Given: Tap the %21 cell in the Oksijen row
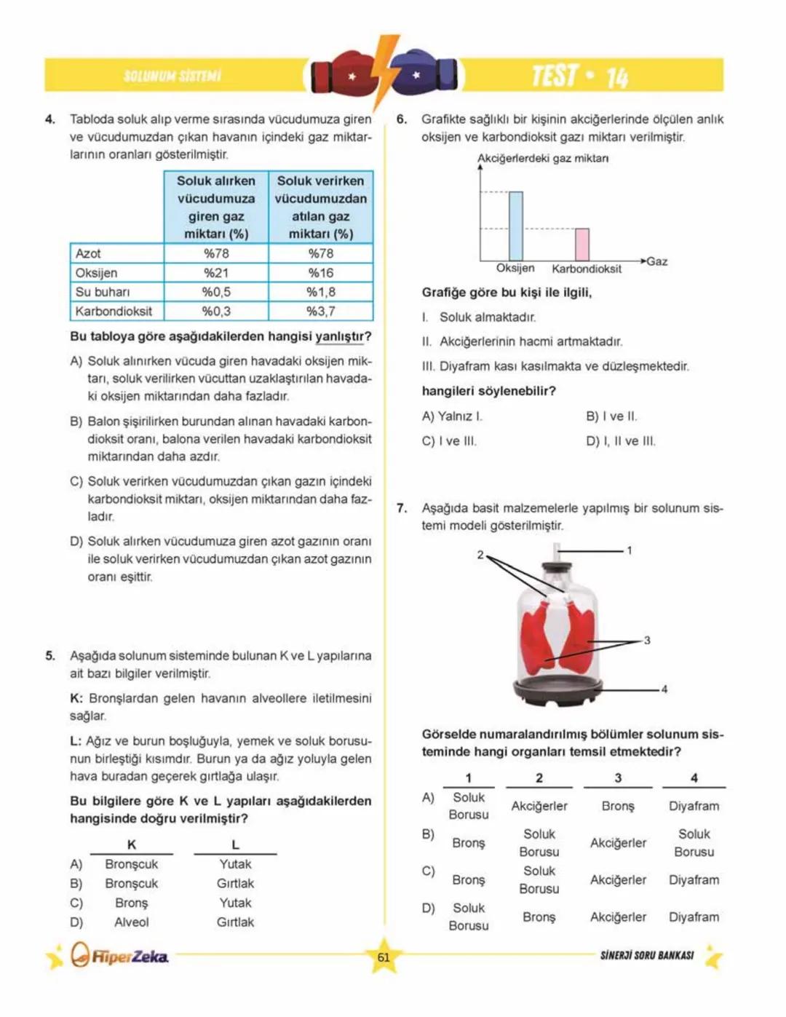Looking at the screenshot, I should (x=216, y=273).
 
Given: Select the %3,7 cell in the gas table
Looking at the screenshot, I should (x=321, y=312).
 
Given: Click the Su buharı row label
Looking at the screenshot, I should (x=103, y=292).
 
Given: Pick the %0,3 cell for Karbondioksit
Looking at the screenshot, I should (x=216, y=312).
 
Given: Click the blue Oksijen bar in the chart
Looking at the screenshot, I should (x=515, y=226).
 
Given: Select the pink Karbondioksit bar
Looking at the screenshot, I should (x=582, y=245).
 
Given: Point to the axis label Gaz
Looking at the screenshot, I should (x=657, y=261).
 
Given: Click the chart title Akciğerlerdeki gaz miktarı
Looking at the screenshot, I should (x=543, y=159).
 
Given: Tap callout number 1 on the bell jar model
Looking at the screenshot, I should (x=630, y=550).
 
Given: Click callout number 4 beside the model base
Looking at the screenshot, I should (x=664, y=689).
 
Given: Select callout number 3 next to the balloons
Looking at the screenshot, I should (x=647, y=641).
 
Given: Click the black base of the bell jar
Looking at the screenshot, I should (x=558, y=692).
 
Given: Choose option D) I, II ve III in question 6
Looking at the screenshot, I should (x=621, y=441).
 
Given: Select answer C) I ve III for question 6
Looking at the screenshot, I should (x=449, y=441).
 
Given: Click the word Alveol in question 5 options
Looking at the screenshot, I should (x=132, y=922).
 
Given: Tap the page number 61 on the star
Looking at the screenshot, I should (x=384, y=957).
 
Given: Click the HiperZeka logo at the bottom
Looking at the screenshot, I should (x=120, y=956).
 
